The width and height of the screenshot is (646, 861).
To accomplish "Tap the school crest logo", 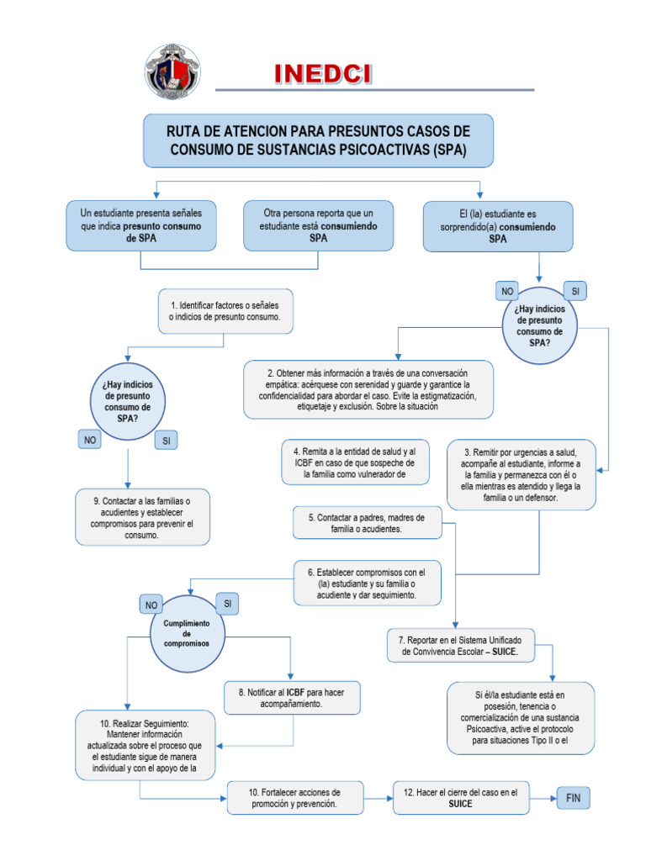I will pos(174,73).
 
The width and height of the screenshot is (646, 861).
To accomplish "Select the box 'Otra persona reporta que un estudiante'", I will pos(318,226).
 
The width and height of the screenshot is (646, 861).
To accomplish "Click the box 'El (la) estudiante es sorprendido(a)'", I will pos(498,226).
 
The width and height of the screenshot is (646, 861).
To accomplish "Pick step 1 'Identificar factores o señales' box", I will pos(230,311).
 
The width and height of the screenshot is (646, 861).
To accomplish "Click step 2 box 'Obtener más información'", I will pos(368,389).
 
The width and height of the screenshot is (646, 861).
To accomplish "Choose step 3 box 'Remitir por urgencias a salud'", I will pos(522,474).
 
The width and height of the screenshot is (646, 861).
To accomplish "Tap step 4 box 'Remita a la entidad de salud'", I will pos(355,462).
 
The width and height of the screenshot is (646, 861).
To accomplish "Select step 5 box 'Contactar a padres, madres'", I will pos(366,523).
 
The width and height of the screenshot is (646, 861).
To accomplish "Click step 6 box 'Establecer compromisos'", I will pos(368,583).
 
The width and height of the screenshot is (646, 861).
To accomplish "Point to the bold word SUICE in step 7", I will pos(503,652).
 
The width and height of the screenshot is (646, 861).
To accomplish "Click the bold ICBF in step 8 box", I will pos(294,692).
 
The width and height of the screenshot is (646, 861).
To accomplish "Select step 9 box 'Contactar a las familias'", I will pos(142,517).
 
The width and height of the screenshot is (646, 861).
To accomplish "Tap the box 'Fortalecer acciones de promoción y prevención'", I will pos(295,797).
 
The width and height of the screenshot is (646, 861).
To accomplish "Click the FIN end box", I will pos(573,797).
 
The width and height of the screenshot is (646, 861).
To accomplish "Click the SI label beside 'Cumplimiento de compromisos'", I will pos(227,603).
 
